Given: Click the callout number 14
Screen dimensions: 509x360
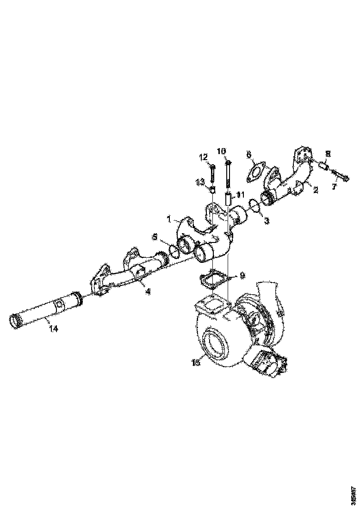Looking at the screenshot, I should point(54,328).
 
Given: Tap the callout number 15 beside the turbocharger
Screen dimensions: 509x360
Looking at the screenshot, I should point(196,363).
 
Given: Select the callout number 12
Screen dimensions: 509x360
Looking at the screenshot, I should point(204,158).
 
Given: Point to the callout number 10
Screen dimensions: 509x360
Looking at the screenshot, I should point(221,151).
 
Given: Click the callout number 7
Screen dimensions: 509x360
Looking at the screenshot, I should point(335,186).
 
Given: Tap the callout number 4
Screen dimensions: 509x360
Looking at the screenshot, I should point(148,292).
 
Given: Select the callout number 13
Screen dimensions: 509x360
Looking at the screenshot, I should point(200,183).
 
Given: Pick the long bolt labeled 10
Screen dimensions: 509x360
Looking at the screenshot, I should point(228,174).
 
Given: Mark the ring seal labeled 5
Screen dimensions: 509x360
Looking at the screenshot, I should point(174,250).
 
